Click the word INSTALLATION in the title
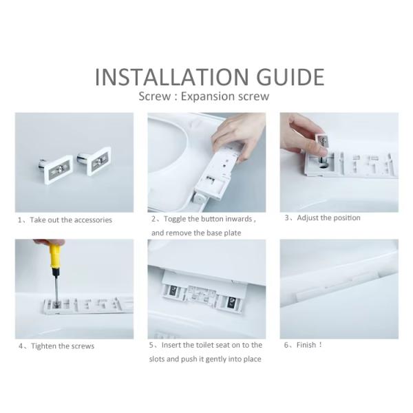[x=171, y=76]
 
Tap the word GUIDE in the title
[x=290, y=76]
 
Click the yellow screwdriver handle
[x=54, y=255]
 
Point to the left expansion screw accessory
[x=56, y=169]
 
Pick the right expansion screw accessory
[x=95, y=160]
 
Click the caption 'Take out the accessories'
[x=71, y=220]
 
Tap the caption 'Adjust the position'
[x=328, y=218]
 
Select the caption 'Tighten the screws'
[x=63, y=346]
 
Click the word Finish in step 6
[x=306, y=345]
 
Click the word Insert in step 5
[x=171, y=345]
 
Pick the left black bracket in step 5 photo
[x=173, y=290]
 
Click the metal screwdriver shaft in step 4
[x=56, y=286]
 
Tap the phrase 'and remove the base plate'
[x=196, y=233]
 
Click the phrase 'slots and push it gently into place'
[x=205, y=359]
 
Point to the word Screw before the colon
[x=155, y=96]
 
